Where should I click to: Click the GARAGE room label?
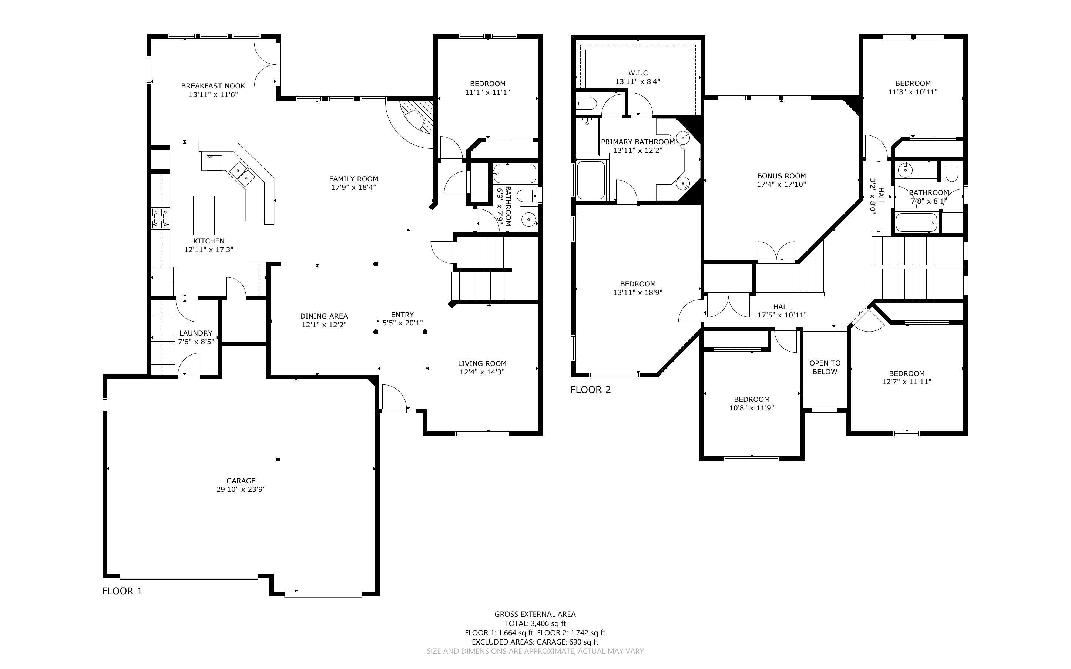[241, 481]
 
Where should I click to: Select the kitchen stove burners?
[161, 219]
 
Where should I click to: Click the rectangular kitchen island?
[204, 215]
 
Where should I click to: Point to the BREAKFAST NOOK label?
[213, 86]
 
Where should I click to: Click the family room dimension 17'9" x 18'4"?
[353, 188]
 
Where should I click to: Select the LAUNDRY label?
[195, 333]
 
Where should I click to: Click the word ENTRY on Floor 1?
[402, 315]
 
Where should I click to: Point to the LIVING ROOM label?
[482, 364]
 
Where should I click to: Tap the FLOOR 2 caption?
[590, 390]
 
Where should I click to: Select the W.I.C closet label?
[638, 73]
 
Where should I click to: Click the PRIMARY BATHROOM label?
[638, 142]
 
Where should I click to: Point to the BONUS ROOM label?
[781, 176]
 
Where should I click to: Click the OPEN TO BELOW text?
[825, 367]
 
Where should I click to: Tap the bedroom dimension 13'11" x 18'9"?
[638, 292]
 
